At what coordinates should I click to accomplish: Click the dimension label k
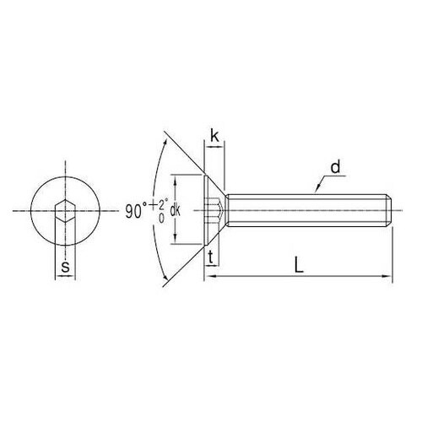pos(214,137)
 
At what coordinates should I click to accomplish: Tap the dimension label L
pos(299,264)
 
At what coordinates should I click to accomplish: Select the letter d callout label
pos(335,167)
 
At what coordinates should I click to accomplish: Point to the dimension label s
pos(65,267)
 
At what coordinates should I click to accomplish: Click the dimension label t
pos(210,257)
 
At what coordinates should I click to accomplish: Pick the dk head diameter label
pos(176,211)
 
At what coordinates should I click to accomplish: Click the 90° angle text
pos(136,212)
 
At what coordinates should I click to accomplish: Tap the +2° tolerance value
pos(160,204)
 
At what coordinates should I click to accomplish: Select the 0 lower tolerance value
pos(161,219)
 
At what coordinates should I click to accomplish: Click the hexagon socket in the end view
pos(65,211)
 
